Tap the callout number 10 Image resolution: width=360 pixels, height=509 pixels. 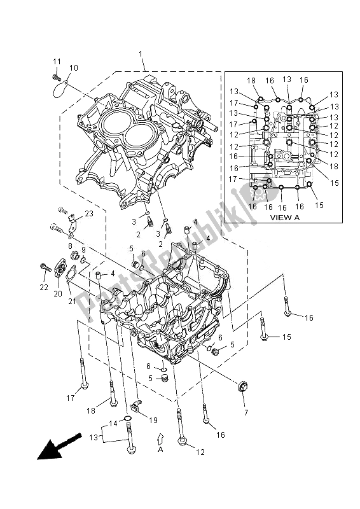(x=73, y=67)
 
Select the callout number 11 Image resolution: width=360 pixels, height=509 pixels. (x=56, y=61)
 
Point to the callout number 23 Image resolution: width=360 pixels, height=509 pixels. (x=89, y=214)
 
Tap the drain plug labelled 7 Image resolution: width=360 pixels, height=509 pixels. (x=243, y=387)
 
